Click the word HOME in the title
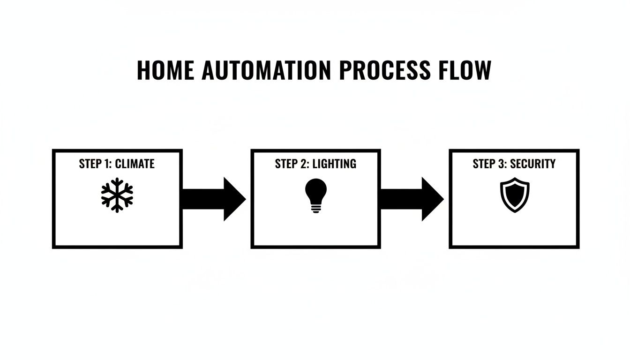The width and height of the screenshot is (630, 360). [165, 70]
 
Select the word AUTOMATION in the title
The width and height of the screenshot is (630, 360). [266, 70]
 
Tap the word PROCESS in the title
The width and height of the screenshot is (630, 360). [384, 70]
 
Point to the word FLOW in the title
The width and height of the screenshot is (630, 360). [465, 70]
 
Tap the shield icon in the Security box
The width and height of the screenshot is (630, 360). [514, 195]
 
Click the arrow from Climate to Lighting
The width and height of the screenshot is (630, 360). [213, 199]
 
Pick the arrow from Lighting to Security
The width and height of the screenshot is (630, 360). [412, 199]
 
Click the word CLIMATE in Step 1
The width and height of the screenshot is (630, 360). [135, 164]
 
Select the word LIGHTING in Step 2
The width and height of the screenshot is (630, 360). [334, 164]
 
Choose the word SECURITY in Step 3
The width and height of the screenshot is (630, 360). [532, 164]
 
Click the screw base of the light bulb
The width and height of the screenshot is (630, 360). [315, 209]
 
